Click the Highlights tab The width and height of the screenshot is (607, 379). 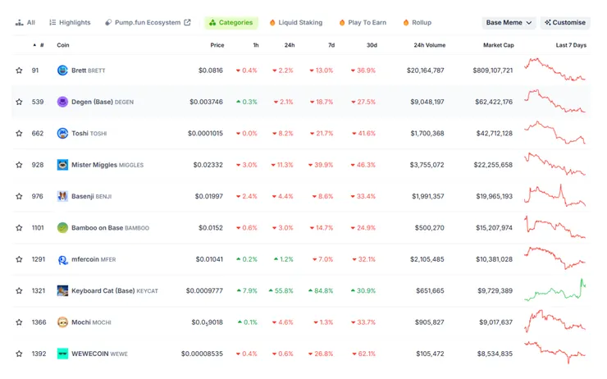click(x=70, y=23)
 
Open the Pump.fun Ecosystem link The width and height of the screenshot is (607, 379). click(x=148, y=23)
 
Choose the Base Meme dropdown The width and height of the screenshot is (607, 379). click(x=509, y=23)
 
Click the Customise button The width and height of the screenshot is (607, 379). click(x=565, y=23)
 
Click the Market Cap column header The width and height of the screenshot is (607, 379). click(x=498, y=45)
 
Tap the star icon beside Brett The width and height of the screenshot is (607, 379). click(x=19, y=71)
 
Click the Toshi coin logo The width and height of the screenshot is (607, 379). click(x=62, y=133)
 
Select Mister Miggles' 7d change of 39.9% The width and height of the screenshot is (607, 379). click(x=321, y=165)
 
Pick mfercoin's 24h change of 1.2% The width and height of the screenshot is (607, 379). click(x=284, y=259)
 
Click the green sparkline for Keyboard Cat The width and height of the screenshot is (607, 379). click(x=555, y=290)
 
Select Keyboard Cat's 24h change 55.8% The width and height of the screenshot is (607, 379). click(x=281, y=290)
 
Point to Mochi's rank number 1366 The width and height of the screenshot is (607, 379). click(x=39, y=322)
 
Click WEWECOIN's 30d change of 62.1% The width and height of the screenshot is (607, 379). click(x=363, y=354)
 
